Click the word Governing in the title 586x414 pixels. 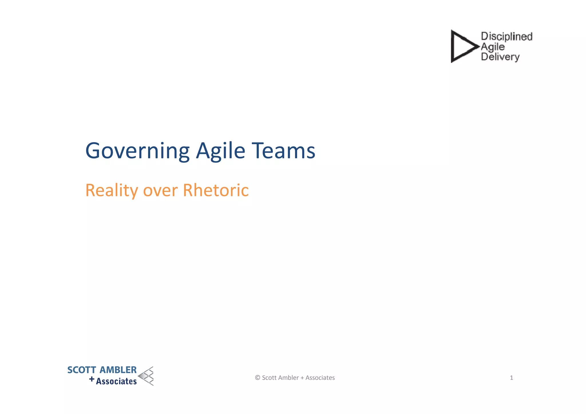pos(137,151)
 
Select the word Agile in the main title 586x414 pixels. pos(220,151)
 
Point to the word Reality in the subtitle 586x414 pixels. pos(112,191)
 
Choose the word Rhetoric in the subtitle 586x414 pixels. pos(216,190)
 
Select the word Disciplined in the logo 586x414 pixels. pos(506,36)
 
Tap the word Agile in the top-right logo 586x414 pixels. pos(493,47)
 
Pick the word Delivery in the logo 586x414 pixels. pos(500,57)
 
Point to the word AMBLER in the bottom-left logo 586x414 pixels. pos(118,370)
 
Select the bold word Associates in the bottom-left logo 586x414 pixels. pos(116,381)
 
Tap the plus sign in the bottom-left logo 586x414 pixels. pos(92,379)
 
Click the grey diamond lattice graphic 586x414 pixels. pos(146,376)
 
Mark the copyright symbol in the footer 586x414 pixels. pos(258,378)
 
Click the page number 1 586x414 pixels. pos(511,378)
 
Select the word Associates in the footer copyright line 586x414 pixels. pos(320,378)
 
